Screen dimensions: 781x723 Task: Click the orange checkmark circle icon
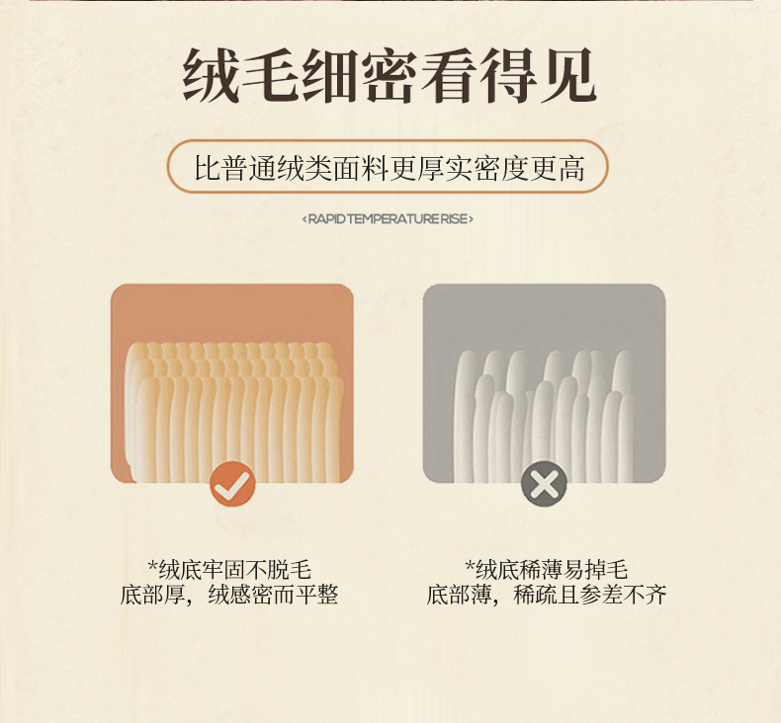click(232, 484)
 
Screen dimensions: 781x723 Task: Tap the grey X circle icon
click(544, 484)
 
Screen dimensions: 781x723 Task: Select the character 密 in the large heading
click(390, 76)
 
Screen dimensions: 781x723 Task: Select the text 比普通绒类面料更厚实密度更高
click(389, 167)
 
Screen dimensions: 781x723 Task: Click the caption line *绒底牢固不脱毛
click(229, 570)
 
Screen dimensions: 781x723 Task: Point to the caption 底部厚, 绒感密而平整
click(229, 595)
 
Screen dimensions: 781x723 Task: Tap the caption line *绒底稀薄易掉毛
click(547, 570)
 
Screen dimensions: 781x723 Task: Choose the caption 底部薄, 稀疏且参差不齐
click(547, 595)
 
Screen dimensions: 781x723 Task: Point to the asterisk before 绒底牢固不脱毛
click(153, 566)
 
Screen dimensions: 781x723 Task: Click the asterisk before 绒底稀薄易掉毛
click(470, 566)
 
